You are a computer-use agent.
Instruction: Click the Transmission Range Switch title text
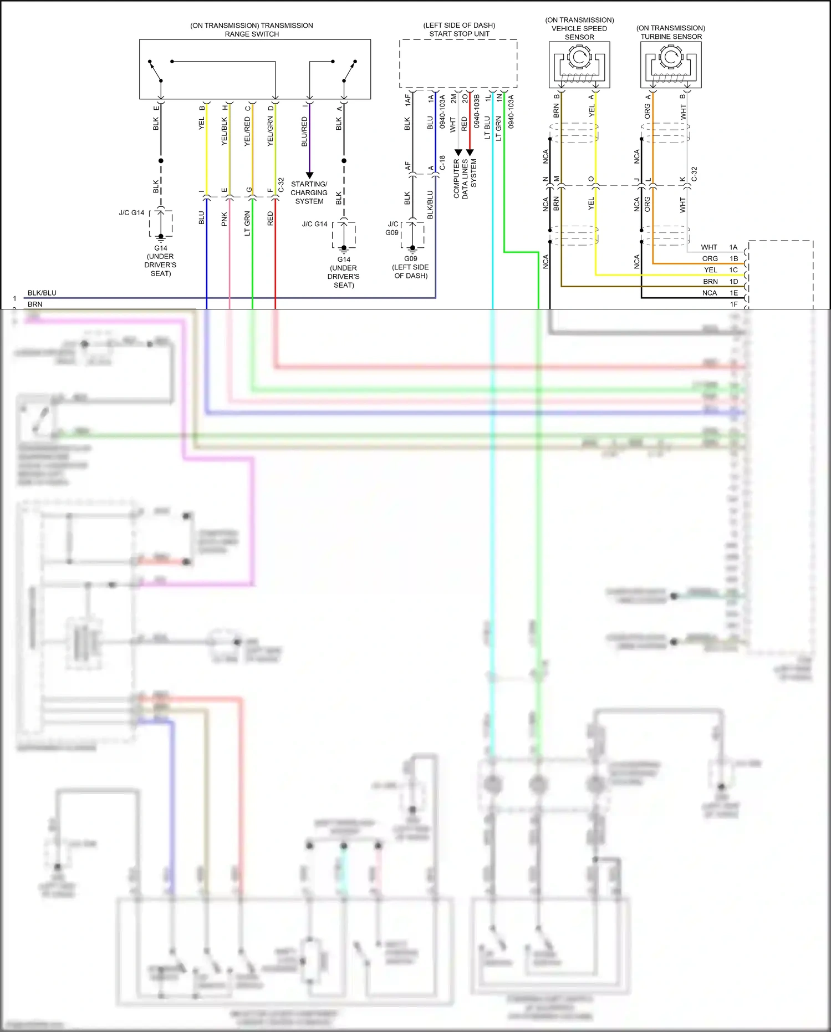point(252,29)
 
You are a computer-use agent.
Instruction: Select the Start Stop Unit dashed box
point(458,63)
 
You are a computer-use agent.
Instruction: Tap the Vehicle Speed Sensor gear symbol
point(579,57)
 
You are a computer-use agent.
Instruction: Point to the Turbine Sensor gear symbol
point(671,57)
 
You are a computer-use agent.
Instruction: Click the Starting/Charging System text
point(309,192)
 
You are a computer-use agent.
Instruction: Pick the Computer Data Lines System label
point(465,179)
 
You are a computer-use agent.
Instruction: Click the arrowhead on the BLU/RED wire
point(309,175)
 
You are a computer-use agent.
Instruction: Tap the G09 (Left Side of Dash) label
point(410,267)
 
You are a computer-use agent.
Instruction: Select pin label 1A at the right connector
point(733,247)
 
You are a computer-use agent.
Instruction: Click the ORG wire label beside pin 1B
point(710,258)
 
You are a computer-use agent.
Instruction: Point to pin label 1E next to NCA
point(733,293)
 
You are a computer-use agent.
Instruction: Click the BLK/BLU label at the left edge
point(42,293)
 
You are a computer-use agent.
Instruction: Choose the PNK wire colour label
point(225,219)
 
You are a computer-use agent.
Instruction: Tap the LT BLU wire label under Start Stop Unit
point(487,127)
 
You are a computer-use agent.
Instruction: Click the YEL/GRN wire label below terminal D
point(270,131)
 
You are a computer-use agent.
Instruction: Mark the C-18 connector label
point(442,162)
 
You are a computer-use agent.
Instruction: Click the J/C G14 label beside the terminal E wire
point(131,212)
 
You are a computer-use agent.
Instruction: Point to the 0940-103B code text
point(476,111)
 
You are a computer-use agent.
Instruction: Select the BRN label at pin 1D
point(710,282)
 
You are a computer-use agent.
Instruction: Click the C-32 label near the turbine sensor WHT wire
point(694,174)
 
